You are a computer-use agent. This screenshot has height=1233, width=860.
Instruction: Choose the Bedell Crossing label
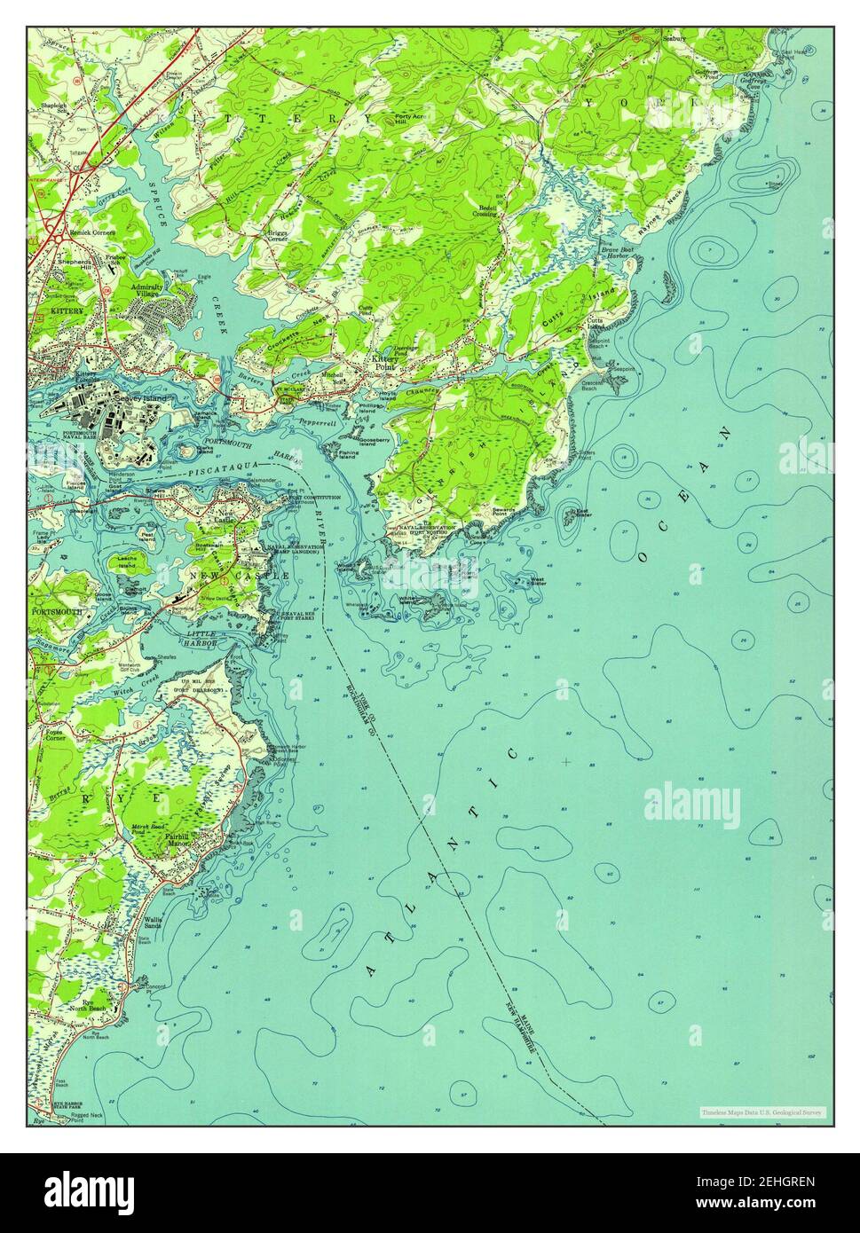click(484, 211)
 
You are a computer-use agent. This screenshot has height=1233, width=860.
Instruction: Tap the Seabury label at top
click(675, 38)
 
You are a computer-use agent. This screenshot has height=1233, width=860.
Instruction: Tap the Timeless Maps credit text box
click(761, 1112)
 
